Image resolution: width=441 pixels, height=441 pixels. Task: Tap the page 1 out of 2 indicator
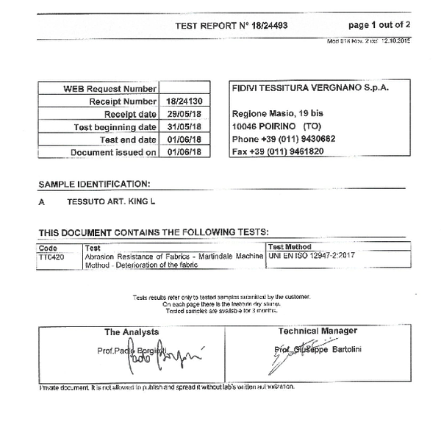tap(379, 25)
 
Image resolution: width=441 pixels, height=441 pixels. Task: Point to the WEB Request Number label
tap(110, 89)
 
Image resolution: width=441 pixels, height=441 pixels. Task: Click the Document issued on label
tap(113, 152)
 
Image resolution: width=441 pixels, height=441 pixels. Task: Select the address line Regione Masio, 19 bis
tap(278, 114)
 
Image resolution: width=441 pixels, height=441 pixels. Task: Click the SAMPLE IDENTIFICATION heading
tap(94, 184)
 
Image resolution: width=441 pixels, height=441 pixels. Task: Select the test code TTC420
tap(51, 257)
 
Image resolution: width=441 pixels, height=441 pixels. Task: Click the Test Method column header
tap(290, 247)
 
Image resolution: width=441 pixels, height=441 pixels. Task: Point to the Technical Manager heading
tap(318, 331)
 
